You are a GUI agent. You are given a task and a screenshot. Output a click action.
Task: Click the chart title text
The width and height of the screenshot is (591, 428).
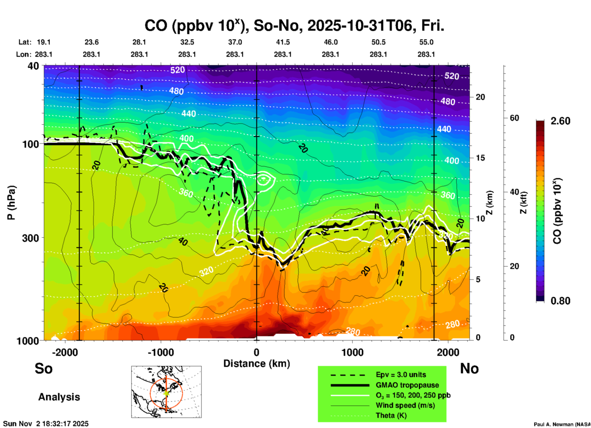294,26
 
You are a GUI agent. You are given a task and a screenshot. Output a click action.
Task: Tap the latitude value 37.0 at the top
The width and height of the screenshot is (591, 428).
235,42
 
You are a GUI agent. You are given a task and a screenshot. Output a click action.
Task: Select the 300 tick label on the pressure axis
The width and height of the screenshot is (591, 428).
31,238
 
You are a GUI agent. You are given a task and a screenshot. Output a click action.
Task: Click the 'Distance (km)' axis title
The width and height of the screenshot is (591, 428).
257,364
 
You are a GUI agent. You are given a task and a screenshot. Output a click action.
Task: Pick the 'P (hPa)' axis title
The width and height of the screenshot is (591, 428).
11,203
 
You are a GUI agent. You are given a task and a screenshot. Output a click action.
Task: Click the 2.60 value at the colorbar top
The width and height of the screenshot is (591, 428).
560,121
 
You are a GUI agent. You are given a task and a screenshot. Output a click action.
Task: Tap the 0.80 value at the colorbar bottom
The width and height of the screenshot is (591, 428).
560,301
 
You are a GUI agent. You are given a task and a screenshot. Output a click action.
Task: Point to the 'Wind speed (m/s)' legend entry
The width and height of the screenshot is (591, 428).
405,405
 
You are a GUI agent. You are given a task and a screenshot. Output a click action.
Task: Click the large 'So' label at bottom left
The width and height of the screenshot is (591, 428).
44,368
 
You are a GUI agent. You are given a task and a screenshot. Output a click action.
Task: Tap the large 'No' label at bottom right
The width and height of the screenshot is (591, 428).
469,368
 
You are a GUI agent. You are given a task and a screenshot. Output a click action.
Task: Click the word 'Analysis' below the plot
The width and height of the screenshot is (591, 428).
59,397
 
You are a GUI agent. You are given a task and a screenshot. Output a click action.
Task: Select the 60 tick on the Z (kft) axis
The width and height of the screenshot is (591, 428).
514,118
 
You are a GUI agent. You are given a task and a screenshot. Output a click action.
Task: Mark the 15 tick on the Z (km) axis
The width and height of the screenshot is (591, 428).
480,158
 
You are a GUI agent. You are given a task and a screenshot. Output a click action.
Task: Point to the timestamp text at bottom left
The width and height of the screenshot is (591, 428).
46,424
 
